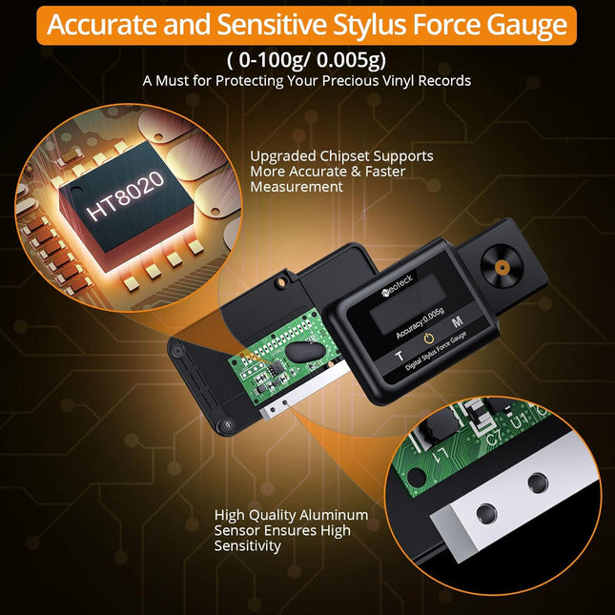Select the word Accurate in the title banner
108,24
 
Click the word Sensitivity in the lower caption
248,546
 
